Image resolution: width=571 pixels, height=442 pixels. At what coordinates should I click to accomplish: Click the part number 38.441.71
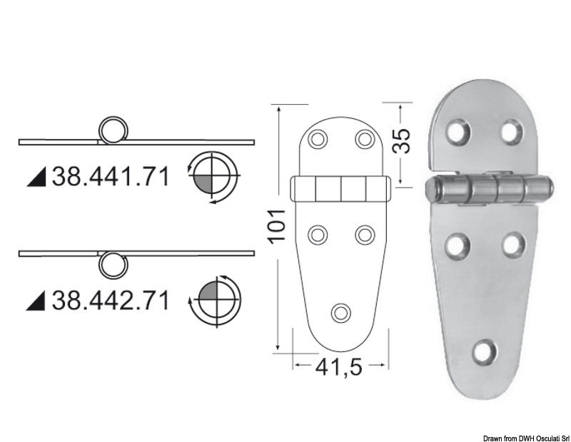point(111,175)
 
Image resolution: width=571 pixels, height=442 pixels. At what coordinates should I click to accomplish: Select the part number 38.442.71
point(111,300)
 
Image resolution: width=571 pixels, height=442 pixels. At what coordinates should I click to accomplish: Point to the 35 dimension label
point(403,142)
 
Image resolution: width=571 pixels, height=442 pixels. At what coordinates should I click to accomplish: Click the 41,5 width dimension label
point(340,368)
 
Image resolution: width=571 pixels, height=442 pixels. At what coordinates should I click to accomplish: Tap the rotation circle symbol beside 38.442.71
point(214,299)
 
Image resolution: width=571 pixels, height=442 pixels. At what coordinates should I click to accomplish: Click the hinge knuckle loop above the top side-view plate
point(112,130)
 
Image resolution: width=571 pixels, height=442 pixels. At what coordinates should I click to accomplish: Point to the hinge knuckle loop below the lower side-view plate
point(111,264)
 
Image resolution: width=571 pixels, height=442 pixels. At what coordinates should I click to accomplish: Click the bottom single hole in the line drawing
point(341,312)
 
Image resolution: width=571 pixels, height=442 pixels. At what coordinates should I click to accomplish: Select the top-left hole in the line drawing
point(318,138)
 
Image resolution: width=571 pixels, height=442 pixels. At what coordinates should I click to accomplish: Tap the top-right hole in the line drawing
point(365,138)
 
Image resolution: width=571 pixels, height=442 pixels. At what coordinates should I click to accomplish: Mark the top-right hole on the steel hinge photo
point(512,131)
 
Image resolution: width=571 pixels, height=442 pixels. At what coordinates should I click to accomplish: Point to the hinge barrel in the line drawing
point(340,191)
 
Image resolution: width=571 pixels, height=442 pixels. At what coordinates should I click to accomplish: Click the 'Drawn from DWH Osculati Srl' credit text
point(524,436)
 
